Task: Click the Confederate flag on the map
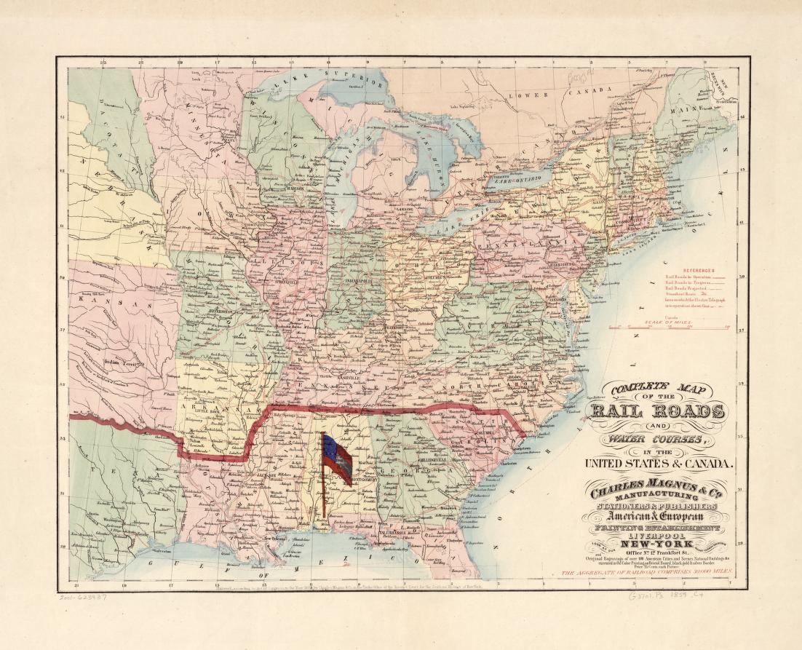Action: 337,459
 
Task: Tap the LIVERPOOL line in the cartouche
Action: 661,533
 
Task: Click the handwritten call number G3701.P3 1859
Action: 663,595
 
